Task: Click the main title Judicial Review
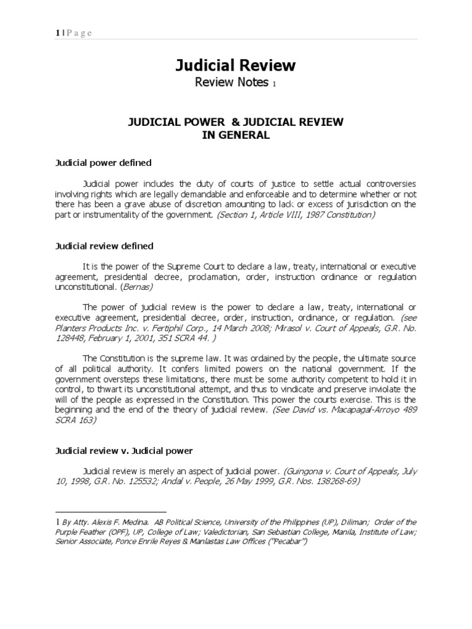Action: click(236, 66)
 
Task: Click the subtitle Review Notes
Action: click(232, 82)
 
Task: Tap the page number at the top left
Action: click(57, 33)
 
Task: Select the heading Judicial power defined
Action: click(103, 163)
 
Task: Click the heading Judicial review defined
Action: click(104, 246)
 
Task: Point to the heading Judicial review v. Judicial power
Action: click(124, 451)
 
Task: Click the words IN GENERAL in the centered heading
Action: click(236, 136)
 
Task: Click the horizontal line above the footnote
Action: click(111, 512)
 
